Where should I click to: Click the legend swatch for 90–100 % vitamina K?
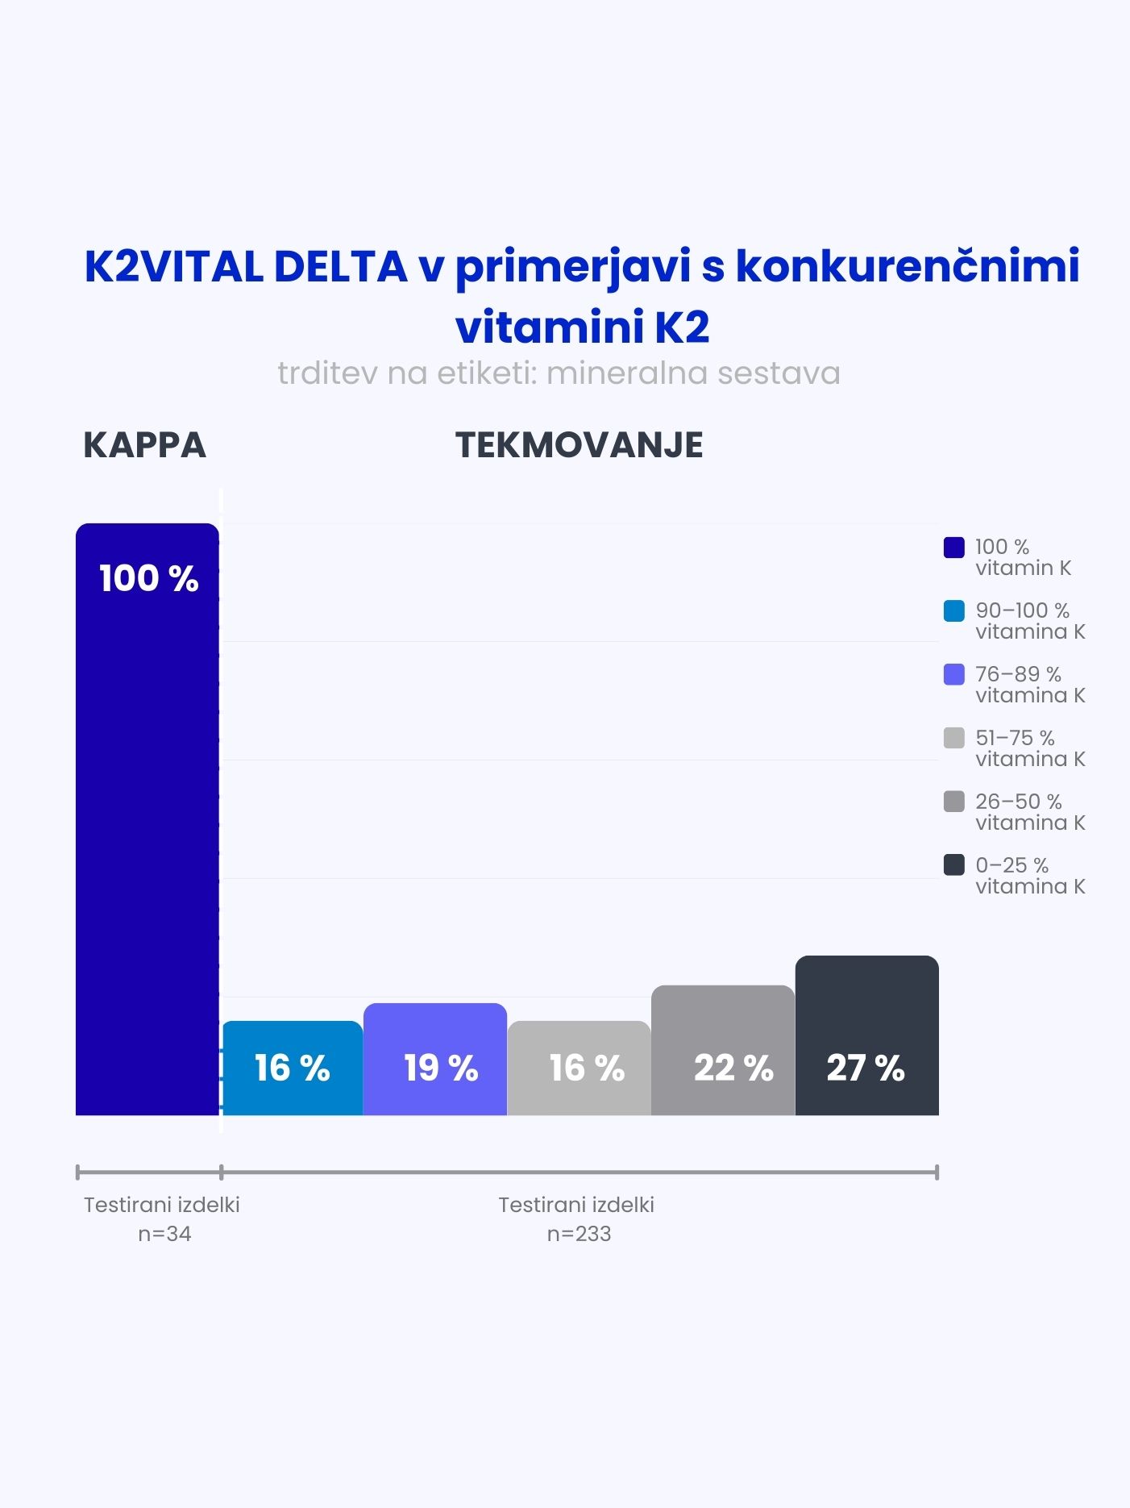pos(953,611)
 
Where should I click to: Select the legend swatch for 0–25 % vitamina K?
pos(953,865)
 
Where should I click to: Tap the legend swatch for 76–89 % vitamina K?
pos(953,674)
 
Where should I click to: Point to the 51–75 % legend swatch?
pos(953,738)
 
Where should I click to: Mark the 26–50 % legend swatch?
pos(953,802)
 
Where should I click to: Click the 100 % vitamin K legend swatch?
pos(953,548)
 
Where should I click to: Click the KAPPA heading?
pos(145,445)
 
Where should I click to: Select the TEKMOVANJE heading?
pos(579,445)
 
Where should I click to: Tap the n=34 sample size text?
pos(164,1234)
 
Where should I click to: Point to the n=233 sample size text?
pos(579,1234)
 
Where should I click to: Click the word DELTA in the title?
pos(340,267)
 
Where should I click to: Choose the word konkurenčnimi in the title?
pos(907,267)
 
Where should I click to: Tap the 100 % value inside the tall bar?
pos(148,579)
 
